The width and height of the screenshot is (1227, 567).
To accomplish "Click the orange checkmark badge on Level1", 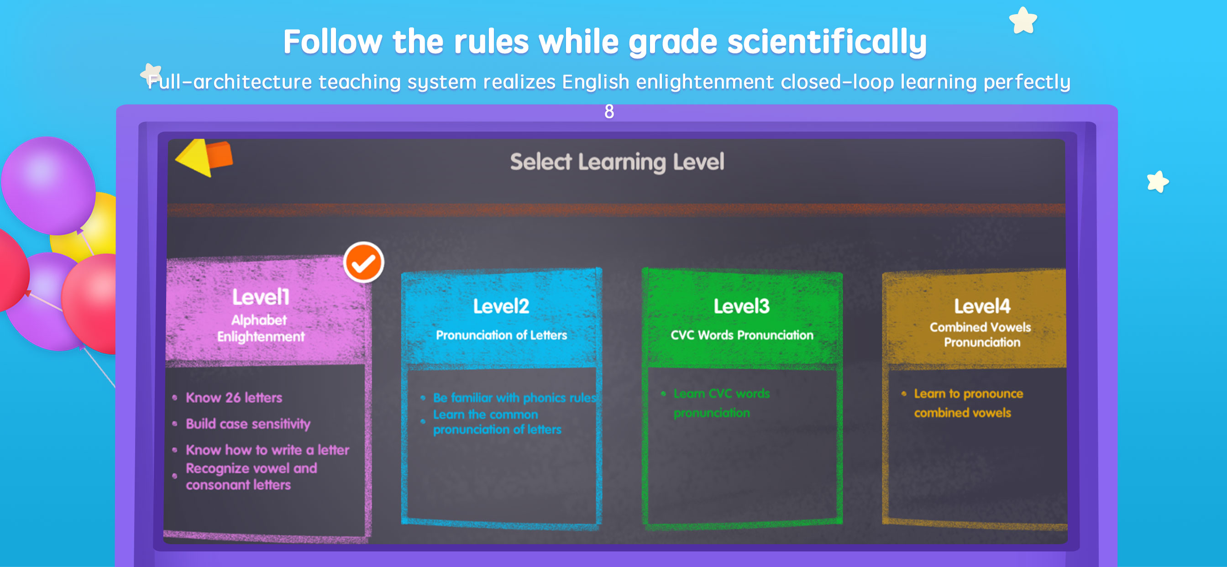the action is [363, 262].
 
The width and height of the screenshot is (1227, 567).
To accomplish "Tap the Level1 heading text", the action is [261, 297].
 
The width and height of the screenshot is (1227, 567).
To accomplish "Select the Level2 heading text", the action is [501, 306].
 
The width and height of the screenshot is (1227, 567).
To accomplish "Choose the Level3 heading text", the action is [742, 306].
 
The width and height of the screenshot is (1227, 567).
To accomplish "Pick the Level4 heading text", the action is [982, 306].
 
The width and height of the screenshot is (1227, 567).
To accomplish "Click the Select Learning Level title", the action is [617, 162].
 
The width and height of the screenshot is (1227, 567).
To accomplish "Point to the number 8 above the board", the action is [609, 111].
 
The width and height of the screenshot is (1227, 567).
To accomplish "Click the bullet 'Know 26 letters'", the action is [234, 397].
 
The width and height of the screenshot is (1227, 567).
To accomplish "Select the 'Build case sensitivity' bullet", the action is [248, 424].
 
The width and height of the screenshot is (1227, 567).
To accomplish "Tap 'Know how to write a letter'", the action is [267, 450].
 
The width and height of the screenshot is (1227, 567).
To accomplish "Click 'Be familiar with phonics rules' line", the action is [514, 397].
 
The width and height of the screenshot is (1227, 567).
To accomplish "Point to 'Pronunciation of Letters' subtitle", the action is [502, 335].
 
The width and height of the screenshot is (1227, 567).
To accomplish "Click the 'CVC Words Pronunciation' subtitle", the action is [742, 335].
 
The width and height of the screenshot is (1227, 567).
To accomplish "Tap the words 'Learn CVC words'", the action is [722, 394].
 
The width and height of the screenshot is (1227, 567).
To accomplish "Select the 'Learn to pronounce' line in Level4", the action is [968, 394].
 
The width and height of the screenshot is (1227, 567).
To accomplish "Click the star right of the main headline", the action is [1023, 21].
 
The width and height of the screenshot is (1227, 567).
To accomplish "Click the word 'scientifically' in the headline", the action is [827, 42].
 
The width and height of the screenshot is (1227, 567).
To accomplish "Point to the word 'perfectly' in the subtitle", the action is [1027, 82].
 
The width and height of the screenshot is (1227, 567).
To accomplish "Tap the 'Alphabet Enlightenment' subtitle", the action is [261, 328].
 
